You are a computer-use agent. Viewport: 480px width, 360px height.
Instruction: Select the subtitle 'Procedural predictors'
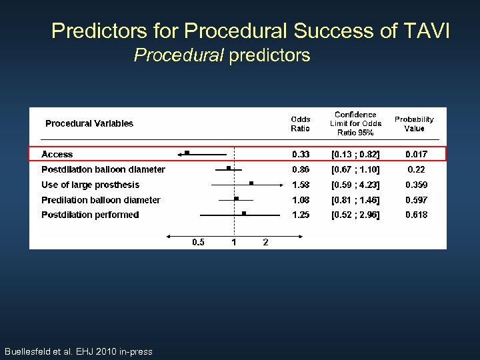(x=222, y=55)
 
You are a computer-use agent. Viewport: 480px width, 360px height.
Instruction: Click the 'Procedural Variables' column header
(x=89, y=123)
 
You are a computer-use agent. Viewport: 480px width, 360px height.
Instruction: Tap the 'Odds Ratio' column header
(x=300, y=124)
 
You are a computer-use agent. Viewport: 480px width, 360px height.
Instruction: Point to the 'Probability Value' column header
(x=414, y=124)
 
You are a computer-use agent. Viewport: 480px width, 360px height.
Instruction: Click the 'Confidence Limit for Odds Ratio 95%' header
(x=355, y=123)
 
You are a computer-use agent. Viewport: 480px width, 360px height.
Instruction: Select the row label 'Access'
(x=57, y=155)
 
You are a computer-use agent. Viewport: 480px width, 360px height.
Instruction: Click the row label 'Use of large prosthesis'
(x=90, y=185)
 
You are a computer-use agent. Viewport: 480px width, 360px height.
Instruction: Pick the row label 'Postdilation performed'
(x=90, y=215)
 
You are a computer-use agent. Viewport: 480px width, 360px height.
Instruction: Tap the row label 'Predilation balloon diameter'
(x=101, y=200)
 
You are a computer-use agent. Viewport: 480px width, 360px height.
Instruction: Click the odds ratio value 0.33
(x=300, y=155)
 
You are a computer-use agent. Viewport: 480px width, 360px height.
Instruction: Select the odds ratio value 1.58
(x=300, y=185)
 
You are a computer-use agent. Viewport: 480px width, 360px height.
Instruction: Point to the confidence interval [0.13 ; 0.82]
(x=355, y=155)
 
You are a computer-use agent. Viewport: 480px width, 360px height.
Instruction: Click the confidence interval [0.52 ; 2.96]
(x=355, y=215)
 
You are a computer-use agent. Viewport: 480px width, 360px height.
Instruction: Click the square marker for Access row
(x=187, y=153)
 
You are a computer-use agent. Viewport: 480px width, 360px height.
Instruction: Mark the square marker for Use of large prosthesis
(x=251, y=183)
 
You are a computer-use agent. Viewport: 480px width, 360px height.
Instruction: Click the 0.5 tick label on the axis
(x=199, y=242)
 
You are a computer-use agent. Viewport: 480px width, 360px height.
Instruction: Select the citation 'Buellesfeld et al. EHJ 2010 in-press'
(x=78, y=351)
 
